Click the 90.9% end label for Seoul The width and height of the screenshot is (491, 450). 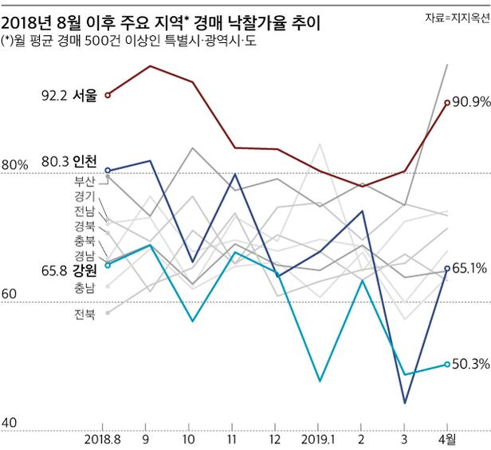[x=470, y=102]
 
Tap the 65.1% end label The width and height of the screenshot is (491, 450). [x=470, y=268]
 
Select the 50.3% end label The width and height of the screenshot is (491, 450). [x=470, y=364]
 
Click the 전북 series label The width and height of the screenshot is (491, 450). [x=84, y=314]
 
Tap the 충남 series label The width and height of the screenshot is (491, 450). [x=84, y=287]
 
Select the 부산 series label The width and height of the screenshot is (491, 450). [x=84, y=180]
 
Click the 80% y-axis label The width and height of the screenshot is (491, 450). [x=15, y=165]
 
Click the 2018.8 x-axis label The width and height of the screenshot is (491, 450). [x=101, y=439]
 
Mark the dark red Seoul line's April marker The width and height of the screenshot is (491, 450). [x=446, y=102]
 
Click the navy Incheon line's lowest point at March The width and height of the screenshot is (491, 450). [x=405, y=402]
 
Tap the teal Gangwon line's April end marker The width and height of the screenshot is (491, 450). [x=446, y=364]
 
